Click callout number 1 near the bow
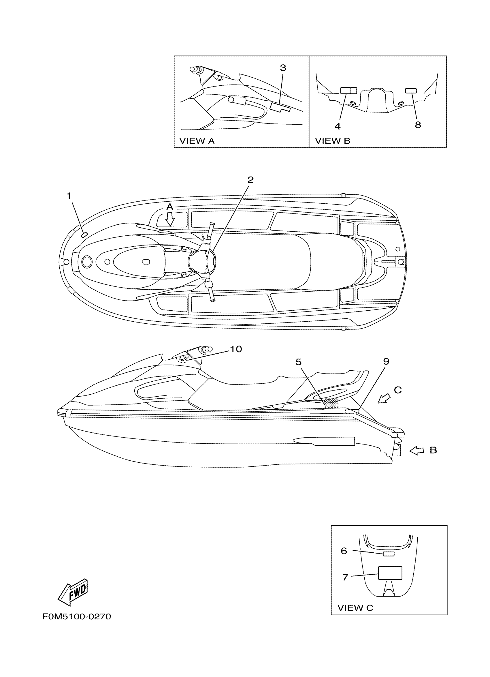point(69,196)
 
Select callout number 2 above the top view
point(250,180)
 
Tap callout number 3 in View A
point(283,68)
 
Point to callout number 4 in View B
point(337,126)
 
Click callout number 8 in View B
point(418,125)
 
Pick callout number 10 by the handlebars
point(236,349)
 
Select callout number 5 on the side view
point(299,362)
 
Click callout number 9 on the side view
point(386,361)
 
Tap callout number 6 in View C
point(344,551)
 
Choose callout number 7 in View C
point(345,577)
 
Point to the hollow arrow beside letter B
point(416,451)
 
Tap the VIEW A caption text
point(197,141)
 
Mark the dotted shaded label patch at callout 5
point(331,403)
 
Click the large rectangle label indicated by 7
point(390,573)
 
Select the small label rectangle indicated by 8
point(411,91)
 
